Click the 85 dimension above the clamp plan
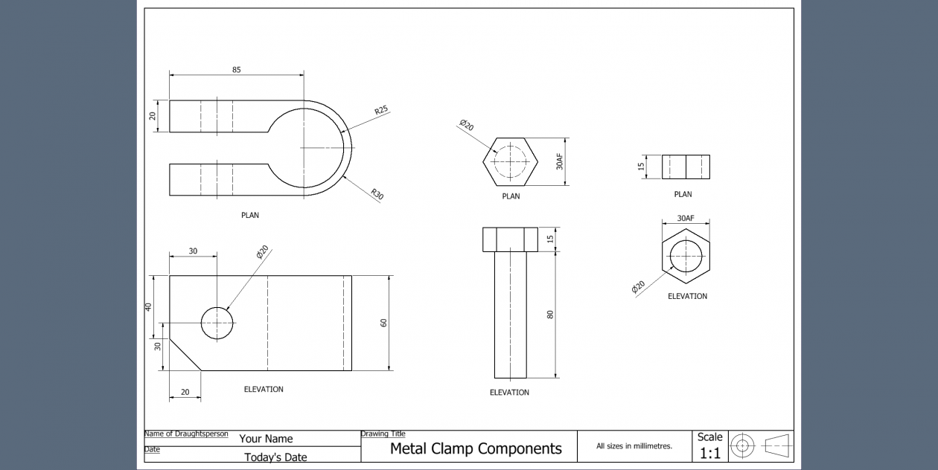tap(237, 70)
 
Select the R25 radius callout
tap(381, 110)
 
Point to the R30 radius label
tap(377, 196)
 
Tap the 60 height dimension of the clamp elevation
tap(384, 323)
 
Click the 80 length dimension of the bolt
tap(550, 314)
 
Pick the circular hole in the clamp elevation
tap(217, 323)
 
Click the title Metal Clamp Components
tap(476, 448)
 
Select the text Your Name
tap(266, 439)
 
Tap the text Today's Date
tap(275, 457)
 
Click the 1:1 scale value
tap(709, 453)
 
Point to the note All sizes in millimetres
tap(634, 446)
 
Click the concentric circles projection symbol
tap(742, 446)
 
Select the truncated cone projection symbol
tap(779, 446)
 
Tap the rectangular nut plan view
tap(686, 167)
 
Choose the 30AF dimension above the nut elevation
tap(685, 219)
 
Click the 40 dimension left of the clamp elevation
tap(149, 306)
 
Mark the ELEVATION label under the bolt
tap(509, 393)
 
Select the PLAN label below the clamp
tap(250, 216)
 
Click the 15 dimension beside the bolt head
tap(550, 239)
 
